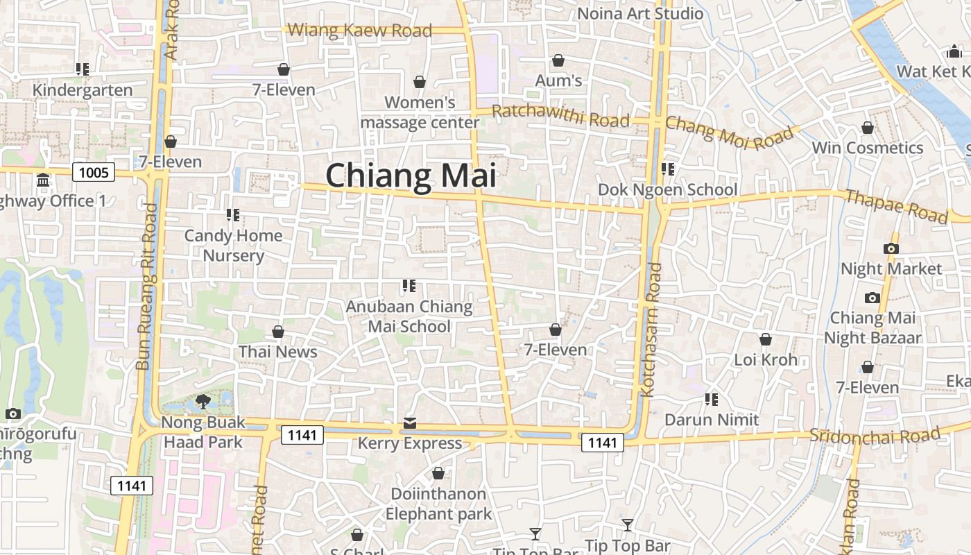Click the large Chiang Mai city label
pos(411,176)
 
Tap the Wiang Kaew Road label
pos(359,30)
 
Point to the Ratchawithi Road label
pos(560,116)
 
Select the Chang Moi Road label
pos(728,133)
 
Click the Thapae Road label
pos(896,206)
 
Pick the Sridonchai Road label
pos(875,436)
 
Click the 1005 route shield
pos(93,171)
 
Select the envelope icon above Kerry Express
pos(410,423)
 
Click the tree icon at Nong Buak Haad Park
pos(203,400)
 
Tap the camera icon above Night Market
pos(891,248)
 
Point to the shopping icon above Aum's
pos(558,61)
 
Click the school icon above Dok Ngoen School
pos(668,169)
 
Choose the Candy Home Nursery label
pos(233,246)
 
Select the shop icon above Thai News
pos(278,332)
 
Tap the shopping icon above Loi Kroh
pos(766,339)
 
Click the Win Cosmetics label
pos(867,148)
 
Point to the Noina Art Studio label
pos(640,13)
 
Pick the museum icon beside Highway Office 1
pos(43,180)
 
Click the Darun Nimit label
pos(712,420)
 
